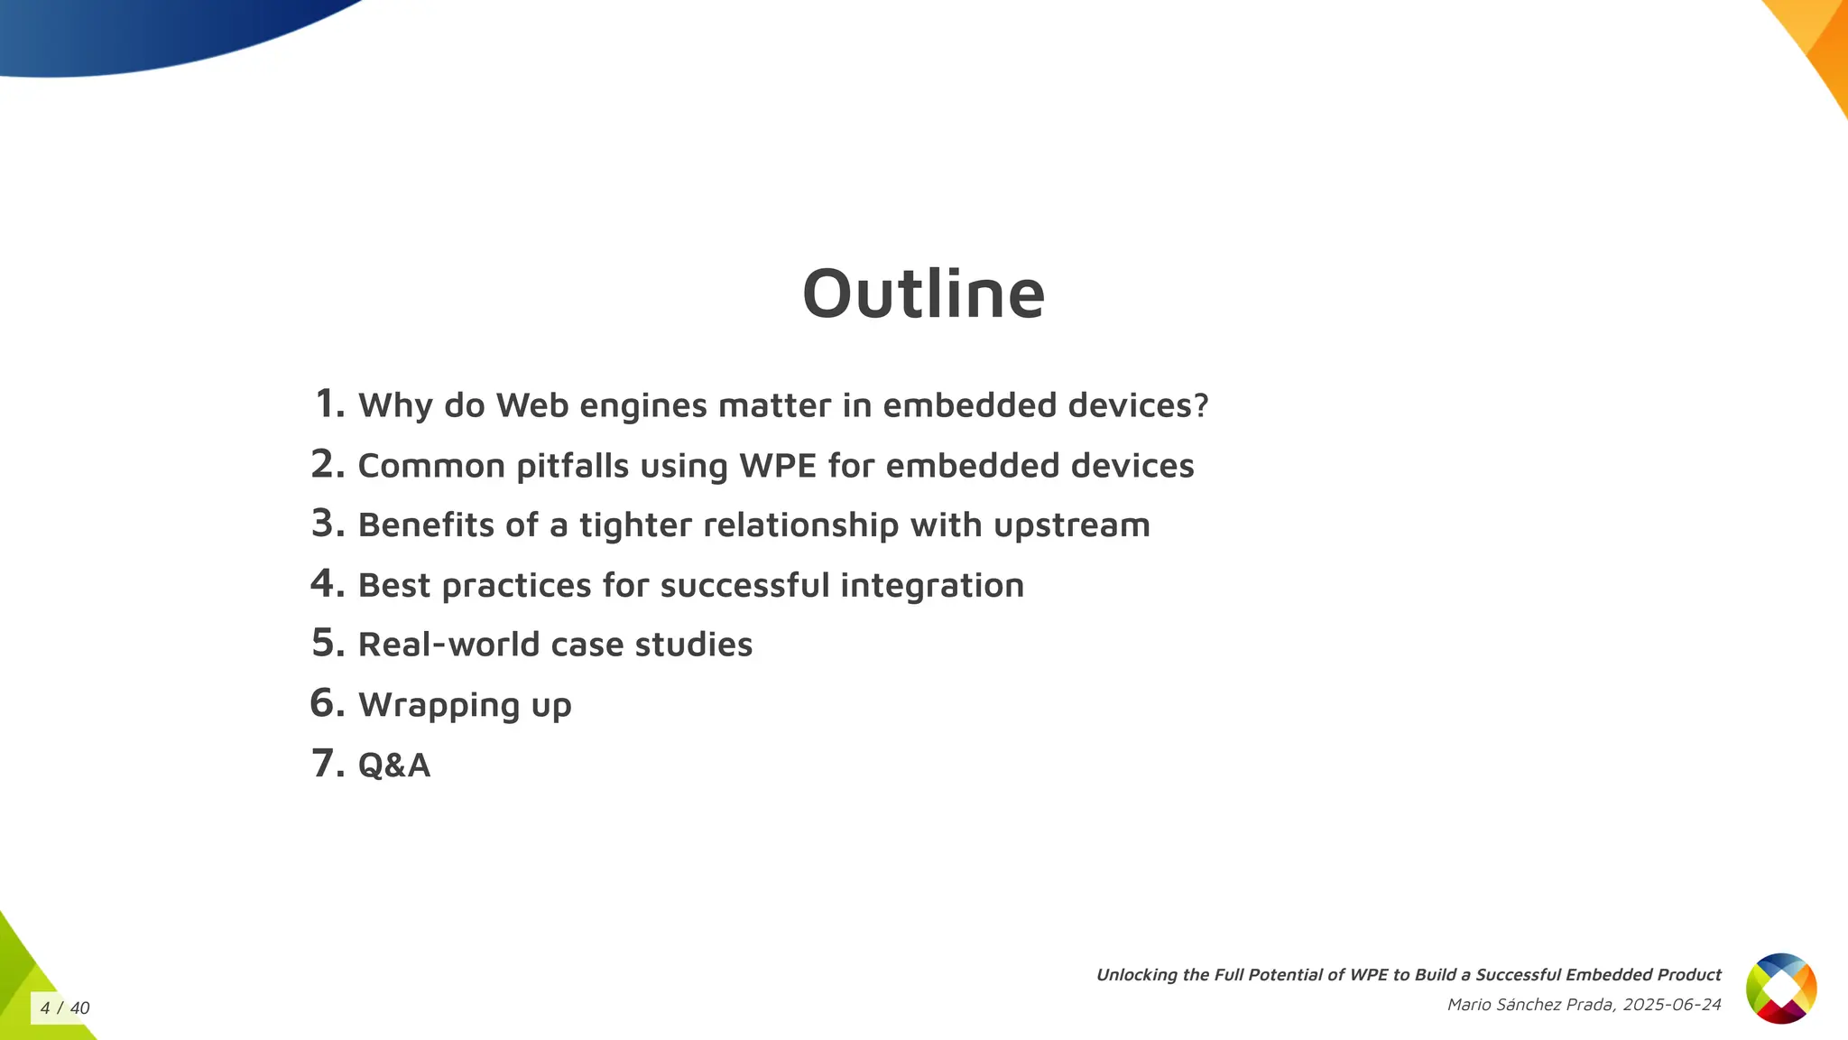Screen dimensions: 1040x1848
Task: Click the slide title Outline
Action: coord(923,294)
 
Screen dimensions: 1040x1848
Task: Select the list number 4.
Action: coord(328,583)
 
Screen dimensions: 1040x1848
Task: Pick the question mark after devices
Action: coord(1200,405)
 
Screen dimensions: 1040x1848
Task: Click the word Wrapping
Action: coord(439,705)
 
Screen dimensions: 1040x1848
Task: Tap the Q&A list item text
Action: coord(394,766)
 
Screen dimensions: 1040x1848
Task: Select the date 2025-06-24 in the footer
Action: coord(1671,1005)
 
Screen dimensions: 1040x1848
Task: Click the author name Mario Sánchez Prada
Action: coord(1529,1005)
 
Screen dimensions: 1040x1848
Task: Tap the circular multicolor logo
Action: coord(1780,989)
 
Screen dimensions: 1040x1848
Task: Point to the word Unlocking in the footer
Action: coord(1137,975)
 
